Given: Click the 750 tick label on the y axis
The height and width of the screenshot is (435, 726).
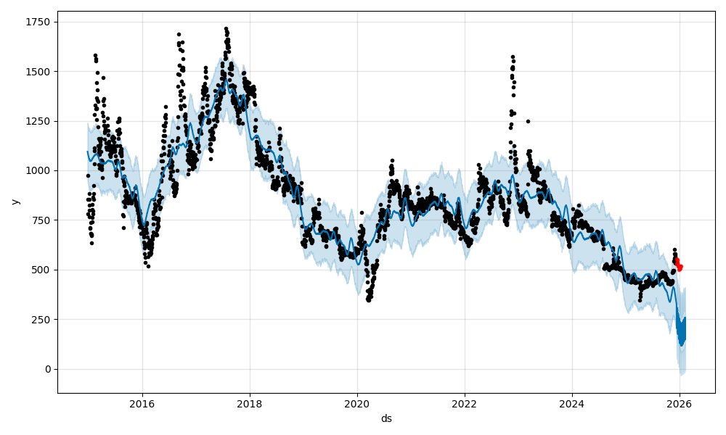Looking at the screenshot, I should pos(41,220).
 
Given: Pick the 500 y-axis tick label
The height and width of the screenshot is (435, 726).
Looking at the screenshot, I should pos(41,270).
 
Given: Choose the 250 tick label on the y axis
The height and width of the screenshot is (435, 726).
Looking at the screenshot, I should pos(41,320).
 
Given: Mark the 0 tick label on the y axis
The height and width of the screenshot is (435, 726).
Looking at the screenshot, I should pos(48,369).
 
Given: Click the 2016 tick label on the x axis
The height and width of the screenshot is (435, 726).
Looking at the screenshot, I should pos(142,403).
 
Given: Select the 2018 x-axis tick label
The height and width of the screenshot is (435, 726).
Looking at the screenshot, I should pos(250,403).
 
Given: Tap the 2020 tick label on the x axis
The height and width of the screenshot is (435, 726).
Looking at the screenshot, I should pos(357,403).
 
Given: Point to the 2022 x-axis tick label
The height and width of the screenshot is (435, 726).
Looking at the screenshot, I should pos(465,403).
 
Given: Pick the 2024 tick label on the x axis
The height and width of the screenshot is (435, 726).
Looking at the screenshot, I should pos(572,403).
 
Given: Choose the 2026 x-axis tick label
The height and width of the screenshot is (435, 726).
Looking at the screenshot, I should pos(680,403).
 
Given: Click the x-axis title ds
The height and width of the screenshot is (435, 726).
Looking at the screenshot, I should pos(386,418).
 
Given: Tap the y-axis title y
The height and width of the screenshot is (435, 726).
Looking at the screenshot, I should pos(15,201).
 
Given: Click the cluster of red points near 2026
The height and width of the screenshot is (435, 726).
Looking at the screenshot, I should pos(678,265).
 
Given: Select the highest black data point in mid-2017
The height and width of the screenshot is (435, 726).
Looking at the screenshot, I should pos(226,29).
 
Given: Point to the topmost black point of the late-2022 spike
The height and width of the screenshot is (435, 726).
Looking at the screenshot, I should pos(513,57).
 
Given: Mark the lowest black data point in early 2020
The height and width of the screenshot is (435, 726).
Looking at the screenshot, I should pos(369,299).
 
